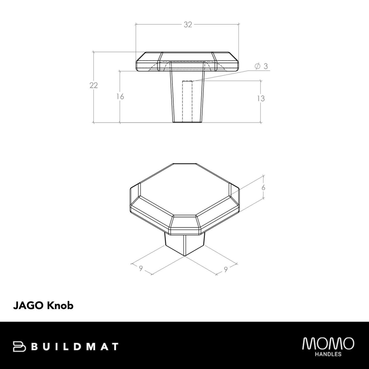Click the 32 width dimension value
coord(188,25)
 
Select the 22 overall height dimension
coord(94,85)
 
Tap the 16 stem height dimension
coord(120,97)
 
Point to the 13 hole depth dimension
coord(261,98)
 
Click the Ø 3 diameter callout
coord(261,66)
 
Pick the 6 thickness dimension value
coord(263,188)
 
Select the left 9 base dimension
coord(141,268)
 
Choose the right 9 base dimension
coord(226,269)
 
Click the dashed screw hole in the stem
coord(187,101)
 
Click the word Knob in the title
coord(60,305)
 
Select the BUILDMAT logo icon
coord(20,346)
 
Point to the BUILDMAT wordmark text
coord(76,347)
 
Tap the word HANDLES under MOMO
coord(328,354)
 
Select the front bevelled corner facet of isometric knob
coord(184,225)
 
